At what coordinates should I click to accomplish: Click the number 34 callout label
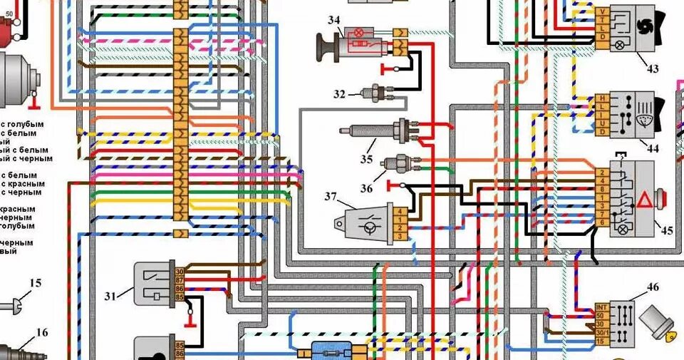click(333, 21)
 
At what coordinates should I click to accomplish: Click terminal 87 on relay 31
click(179, 280)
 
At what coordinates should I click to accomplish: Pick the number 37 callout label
click(331, 196)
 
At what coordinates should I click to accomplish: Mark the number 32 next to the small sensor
click(340, 94)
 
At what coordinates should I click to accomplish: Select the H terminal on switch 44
click(603, 98)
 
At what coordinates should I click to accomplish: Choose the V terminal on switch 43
click(603, 11)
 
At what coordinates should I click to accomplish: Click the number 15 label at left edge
click(35, 283)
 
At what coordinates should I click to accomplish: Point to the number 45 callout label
click(666, 230)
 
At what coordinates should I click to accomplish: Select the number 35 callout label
click(367, 158)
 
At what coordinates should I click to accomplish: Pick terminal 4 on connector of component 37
click(402, 211)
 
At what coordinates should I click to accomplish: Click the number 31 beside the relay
click(110, 294)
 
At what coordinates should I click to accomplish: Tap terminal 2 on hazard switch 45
click(603, 172)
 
